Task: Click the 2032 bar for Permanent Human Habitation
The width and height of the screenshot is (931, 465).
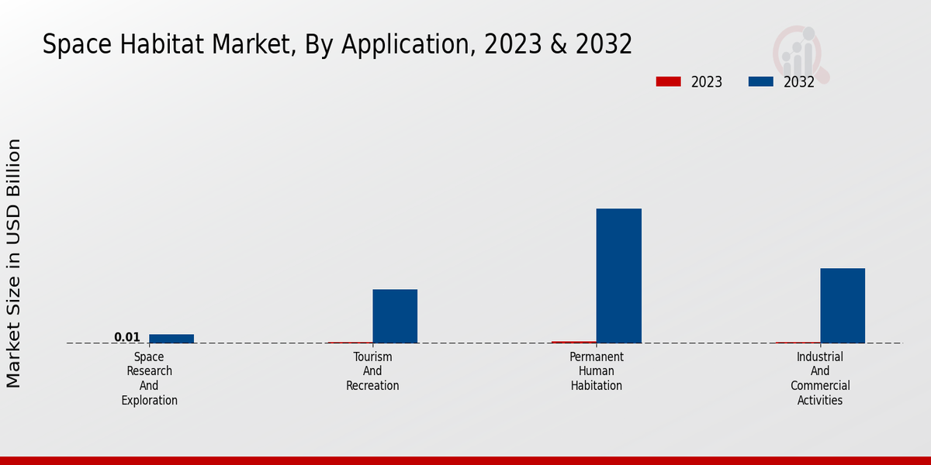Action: tap(618, 275)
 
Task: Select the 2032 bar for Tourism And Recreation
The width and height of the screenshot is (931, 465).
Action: tap(395, 315)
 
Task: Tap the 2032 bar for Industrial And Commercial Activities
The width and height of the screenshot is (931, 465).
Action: tap(843, 305)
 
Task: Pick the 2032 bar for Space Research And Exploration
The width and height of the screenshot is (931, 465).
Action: tap(171, 338)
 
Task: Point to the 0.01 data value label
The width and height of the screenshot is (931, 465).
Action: tap(127, 337)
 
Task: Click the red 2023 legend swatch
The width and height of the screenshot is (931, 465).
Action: tap(668, 81)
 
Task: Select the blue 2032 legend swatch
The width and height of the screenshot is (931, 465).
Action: tap(760, 81)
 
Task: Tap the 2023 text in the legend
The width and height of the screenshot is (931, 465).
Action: tap(707, 82)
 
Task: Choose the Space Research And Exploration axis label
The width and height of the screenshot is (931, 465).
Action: tap(149, 378)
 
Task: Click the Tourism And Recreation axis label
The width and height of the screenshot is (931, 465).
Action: tap(372, 371)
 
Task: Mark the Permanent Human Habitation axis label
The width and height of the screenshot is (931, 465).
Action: tap(597, 371)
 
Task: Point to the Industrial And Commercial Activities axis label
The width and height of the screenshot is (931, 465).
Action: tap(820, 378)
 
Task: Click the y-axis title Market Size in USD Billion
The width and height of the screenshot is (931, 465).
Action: tap(14, 263)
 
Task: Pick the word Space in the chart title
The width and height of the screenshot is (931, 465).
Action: tap(69, 45)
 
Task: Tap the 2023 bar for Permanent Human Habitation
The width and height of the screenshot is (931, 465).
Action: tap(574, 342)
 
